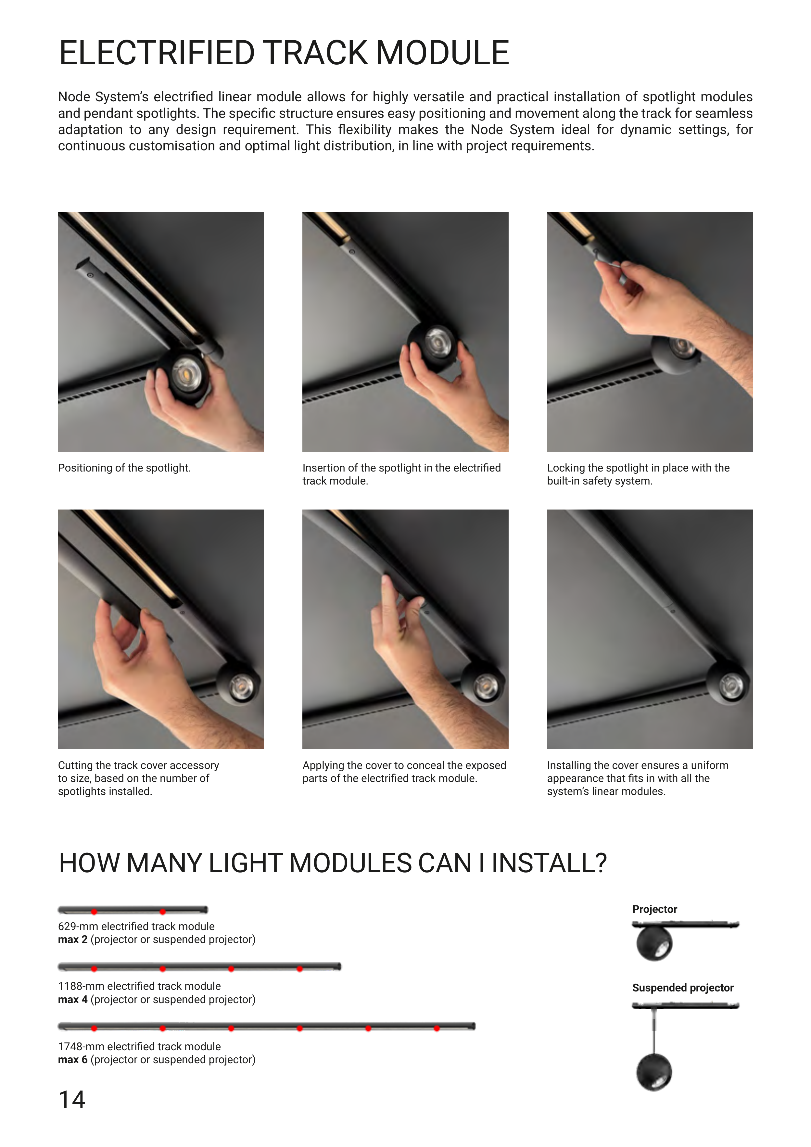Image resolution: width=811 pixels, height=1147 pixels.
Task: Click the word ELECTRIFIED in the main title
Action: [157, 53]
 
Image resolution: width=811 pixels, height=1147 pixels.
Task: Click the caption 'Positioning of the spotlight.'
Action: [124, 468]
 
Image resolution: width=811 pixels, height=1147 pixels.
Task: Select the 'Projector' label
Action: [654, 909]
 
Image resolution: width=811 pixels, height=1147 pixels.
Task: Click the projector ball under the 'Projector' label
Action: [654, 943]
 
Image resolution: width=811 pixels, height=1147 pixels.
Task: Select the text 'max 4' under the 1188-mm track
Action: [72, 999]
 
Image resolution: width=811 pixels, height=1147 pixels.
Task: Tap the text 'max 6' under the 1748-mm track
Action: [72, 1060]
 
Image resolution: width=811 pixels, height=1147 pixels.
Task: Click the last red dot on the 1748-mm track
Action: [437, 1028]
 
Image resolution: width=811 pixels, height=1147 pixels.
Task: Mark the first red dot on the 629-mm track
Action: [94, 912]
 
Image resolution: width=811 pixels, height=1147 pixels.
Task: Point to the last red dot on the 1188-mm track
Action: [300, 969]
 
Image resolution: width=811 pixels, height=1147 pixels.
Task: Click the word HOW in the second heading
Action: [89, 863]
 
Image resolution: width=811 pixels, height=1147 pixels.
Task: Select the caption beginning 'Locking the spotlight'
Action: [638, 474]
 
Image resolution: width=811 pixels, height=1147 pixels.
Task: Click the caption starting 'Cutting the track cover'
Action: [138, 778]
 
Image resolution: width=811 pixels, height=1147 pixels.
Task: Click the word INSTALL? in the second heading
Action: [549, 863]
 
